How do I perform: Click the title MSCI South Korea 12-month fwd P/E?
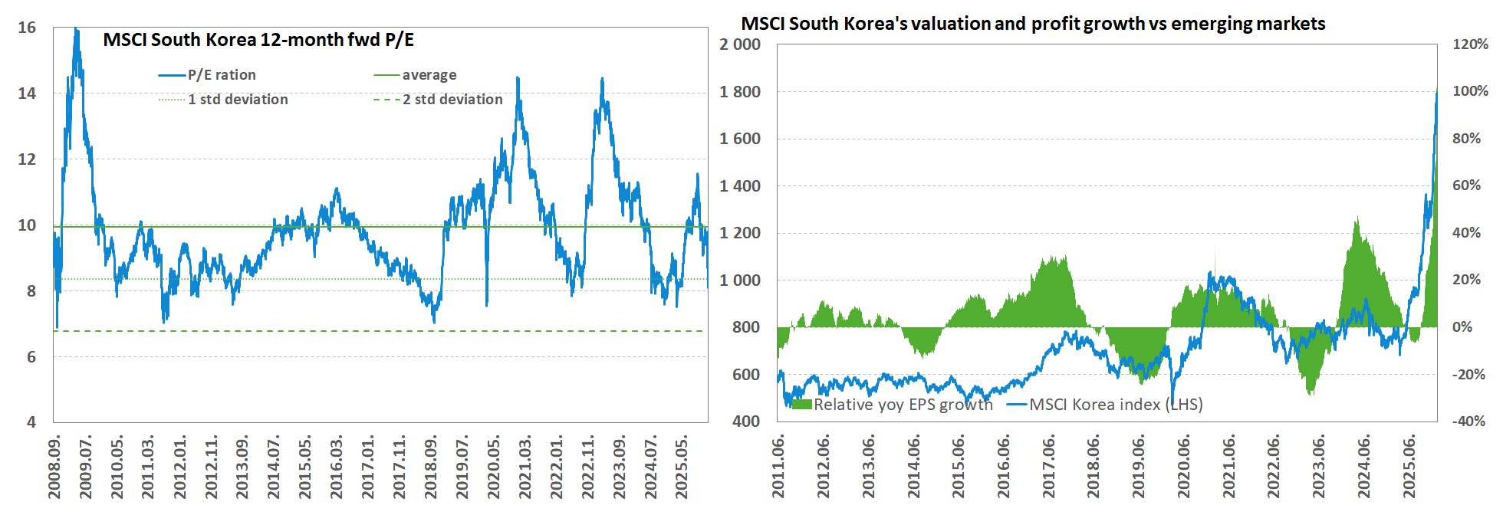258,40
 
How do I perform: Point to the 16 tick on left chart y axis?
27,28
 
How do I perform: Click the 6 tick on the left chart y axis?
31,356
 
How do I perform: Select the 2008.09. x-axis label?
54,467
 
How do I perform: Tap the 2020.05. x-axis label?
493,467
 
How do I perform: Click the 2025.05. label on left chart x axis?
682,467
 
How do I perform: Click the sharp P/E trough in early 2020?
486,304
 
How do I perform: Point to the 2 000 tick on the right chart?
739,44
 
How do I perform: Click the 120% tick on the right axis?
1470,44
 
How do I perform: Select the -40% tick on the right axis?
1468,421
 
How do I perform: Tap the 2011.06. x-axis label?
778,467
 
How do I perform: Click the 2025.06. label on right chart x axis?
1409,467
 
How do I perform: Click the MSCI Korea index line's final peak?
1436,93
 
